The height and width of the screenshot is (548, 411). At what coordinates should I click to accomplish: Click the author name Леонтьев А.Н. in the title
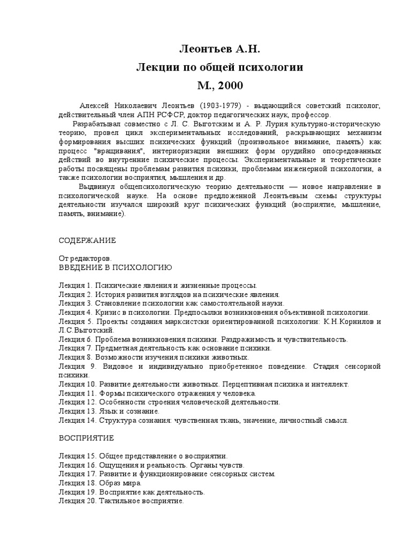(x=219, y=50)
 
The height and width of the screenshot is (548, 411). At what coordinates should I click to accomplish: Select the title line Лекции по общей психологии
(x=219, y=67)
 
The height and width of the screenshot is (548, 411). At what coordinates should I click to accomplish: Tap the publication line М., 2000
(x=219, y=85)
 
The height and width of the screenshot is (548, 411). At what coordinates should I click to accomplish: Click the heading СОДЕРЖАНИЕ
(x=87, y=240)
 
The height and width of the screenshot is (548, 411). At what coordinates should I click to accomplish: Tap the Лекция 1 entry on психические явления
(x=158, y=286)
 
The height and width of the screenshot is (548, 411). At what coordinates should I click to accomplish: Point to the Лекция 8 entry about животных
(x=153, y=356)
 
